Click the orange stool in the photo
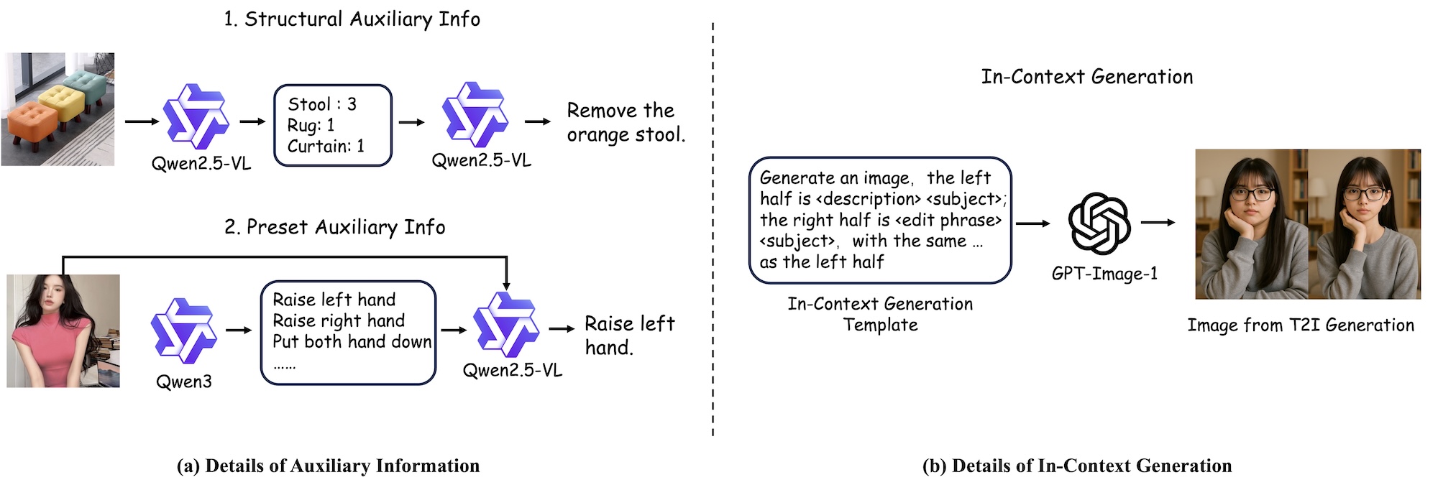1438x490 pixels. pyautogui.click(x=32, y=122)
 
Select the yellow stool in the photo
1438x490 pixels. pyautogui.click(x=63, y=101)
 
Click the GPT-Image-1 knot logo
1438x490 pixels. pyautogui.click(x=1099, y=223)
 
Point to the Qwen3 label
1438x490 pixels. pyautogui.click(x=184, y=382)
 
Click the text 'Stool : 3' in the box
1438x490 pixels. pyautogui.click(x=321, y=104)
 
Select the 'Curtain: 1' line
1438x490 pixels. pyautogui.click(x=326, y=147)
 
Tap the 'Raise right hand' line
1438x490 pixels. pyautogui.click(x=339, y=320)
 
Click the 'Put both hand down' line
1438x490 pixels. pyautogui.click(x=352, y=341)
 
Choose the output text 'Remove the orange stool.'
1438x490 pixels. pyautogui.click(x=625, y=123)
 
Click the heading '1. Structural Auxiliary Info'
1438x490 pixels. pyautogui.click(x=352, y=19)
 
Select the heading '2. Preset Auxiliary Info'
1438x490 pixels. pyautogui.click(x=335, y=227)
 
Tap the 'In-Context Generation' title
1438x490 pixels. pyautogui.click(x=1086, y=77)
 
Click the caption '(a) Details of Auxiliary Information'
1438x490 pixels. pyautogui.click(x=328, y=466)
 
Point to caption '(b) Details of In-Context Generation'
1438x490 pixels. pyautogui.click(x=1076, y=466)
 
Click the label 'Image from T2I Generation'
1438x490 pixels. pyautogui.click(x=1300, y=325)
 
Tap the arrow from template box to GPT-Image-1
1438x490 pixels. pyautogui.click(x=1032, y=223)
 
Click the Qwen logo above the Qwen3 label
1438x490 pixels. pyautogui.click(x=184, y=330)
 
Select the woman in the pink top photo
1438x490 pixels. pyautogui.click(x=63, y=330)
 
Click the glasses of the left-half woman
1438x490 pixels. pyautogui.click(x=1252, y=194)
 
